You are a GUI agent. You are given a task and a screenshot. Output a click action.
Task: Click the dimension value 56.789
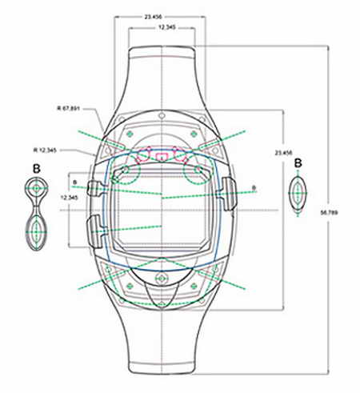pos(329,213)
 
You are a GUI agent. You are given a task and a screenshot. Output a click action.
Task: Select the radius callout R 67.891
pos(69,109)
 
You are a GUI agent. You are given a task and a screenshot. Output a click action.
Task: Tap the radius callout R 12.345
pos(45,150)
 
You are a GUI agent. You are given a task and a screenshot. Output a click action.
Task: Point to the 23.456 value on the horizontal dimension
pos(153,17)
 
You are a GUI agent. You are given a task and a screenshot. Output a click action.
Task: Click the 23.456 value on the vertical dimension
pos(284,153)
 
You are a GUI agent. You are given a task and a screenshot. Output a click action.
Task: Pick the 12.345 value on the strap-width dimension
pos(167,27)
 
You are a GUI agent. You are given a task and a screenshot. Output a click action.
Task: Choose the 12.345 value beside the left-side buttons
pos(69,198)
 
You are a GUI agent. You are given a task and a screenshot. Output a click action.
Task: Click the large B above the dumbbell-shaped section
pos(37,169)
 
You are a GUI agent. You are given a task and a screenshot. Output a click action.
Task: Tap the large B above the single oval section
pos(298,163)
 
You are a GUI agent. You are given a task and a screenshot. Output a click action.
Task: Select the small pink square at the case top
pos(161,157)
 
